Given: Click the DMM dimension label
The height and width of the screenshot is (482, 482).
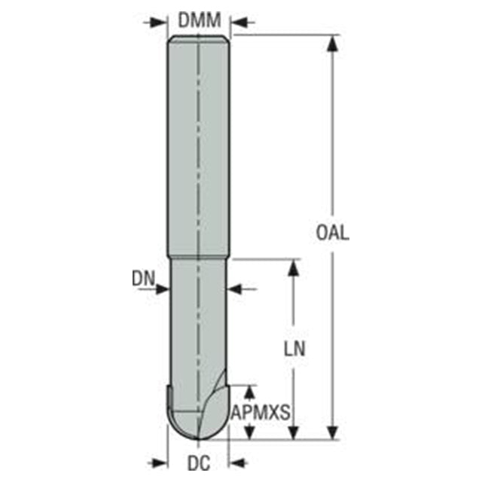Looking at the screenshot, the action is [x=200, y=20].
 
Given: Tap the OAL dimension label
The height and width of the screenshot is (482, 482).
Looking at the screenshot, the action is [x=333, y=233].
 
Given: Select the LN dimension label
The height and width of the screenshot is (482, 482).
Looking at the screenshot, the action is [x=294, y=349].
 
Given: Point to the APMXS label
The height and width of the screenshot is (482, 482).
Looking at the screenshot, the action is [x=261, y=412].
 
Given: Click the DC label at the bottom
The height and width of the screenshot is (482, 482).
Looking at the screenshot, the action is [x=199, y=462].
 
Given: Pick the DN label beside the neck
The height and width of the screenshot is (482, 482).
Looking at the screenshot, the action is [x=143, y=279].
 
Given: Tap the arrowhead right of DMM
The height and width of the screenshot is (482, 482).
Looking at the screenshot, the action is [x=239, y=23].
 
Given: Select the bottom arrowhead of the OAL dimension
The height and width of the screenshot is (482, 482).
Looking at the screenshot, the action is [x=332, y=431].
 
